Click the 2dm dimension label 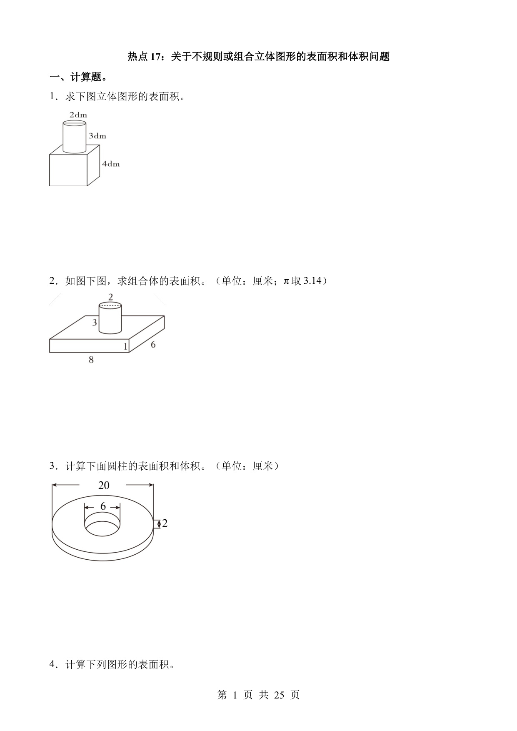pyautogui.click(x=78, y=115)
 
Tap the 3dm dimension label pyautogui.click(x=97, y=136)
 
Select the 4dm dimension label pyautogui.click(x=111, y=164)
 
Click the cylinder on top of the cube pyautogui.click(x=75, y=137)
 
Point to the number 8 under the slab pyautogui.click(x=91, y=360)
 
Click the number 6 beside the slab pyautogui.click(x=153, y=345)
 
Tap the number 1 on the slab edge pyautogui.click(x=125, y=346)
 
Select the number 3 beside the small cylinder pyautogui.click(x=95, y=322)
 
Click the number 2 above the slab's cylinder pyautogui.click(x=110, y=297)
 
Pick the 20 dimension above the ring pyautogui.click(x=104, y=485)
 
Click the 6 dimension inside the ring pyautogui.click(x=103, y=506)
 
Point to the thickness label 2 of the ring pyautogui.click(x=165, y=523)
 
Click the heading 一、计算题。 pyautogui.click(x=78, y=77)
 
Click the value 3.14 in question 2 pyautogui.click(x=312, y=281)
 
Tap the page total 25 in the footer pyautogui.click(x=279, y=695)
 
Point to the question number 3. pyautogui.click(x=52, y=466)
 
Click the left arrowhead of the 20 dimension pyautogui.click(x=54, y=485)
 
